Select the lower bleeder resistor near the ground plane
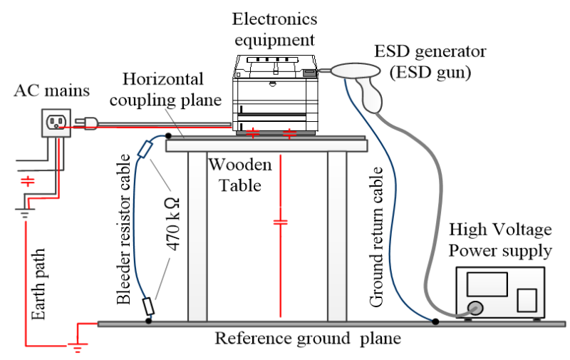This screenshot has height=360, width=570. coord(148,306)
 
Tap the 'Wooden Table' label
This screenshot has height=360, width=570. coord(239,175)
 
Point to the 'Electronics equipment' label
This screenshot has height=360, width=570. coord(274,28)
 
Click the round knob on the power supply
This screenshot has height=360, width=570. coord(475,309)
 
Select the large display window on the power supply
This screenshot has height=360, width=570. coord(487,285)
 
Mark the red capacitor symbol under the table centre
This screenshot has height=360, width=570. coord(281,222)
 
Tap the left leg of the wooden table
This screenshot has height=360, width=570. coord(197,235)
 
